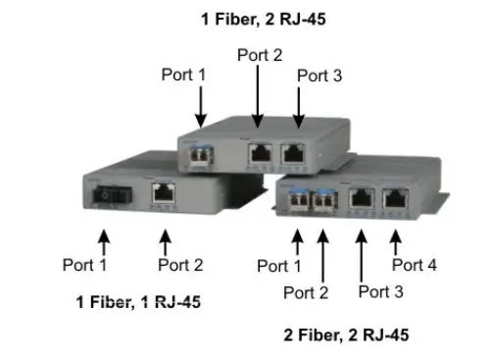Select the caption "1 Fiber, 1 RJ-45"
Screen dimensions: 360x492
[138, 301]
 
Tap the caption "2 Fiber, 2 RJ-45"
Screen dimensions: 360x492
[346, 335]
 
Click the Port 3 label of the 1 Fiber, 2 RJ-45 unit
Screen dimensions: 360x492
[320, 76]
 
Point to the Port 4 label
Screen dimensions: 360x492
[415, 264]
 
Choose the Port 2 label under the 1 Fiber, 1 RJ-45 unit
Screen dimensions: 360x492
[181, 265]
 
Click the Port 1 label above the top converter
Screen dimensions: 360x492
[184, 74]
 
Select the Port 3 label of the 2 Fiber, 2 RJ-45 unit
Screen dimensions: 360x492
[381, 290]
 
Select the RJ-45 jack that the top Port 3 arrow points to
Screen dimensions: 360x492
[295, 151]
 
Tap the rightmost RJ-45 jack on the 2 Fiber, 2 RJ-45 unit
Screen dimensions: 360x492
[395, 197]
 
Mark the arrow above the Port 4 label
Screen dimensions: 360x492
[396, 238]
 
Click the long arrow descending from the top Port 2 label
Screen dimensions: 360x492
[260, 94]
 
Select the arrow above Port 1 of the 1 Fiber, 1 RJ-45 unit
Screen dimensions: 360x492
[104, 237]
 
